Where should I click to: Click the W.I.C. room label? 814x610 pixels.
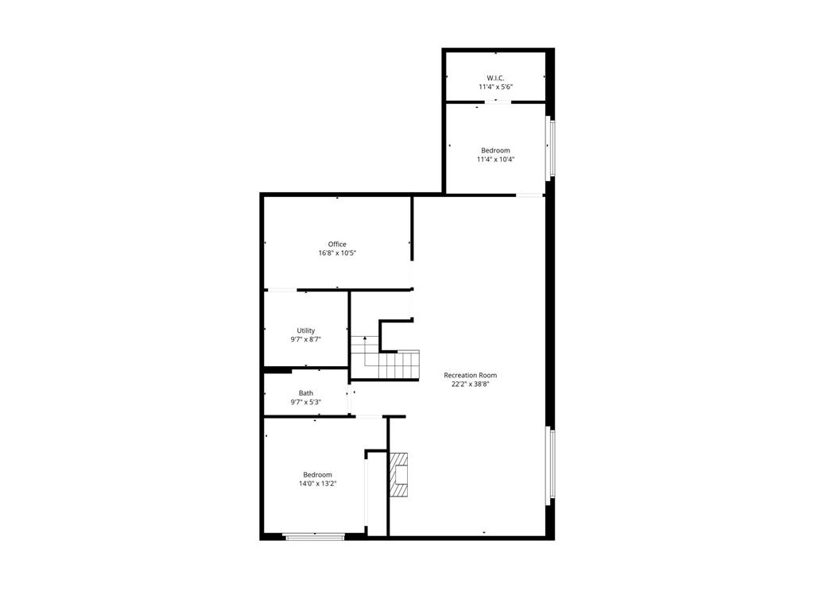495,78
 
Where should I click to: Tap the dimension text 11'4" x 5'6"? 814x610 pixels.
495,87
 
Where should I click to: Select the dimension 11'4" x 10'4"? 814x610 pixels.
495,160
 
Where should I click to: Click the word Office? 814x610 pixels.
337,245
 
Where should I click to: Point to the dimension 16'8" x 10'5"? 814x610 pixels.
337,253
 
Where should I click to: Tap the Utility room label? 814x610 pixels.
306,330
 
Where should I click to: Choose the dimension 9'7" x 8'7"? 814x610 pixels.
306,340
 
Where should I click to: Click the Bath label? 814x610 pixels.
306,393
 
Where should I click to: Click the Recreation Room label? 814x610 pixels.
471,375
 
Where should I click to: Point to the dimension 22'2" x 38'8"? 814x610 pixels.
471,384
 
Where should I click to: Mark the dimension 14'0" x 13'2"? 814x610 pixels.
317,484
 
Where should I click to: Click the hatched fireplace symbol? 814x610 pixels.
399,475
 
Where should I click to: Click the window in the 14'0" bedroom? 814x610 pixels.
315,538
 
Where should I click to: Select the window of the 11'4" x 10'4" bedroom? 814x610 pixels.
550,149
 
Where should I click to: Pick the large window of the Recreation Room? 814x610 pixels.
550,465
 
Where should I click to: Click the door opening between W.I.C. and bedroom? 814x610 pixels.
498,102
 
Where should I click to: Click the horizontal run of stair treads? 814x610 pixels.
399,365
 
